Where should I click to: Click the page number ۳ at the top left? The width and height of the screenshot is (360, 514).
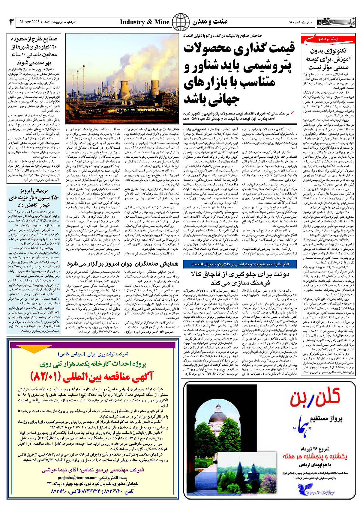(11, 22)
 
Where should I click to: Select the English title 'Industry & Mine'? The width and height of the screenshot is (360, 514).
(145, 22)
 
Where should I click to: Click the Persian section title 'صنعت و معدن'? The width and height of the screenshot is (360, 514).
(210, 22)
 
